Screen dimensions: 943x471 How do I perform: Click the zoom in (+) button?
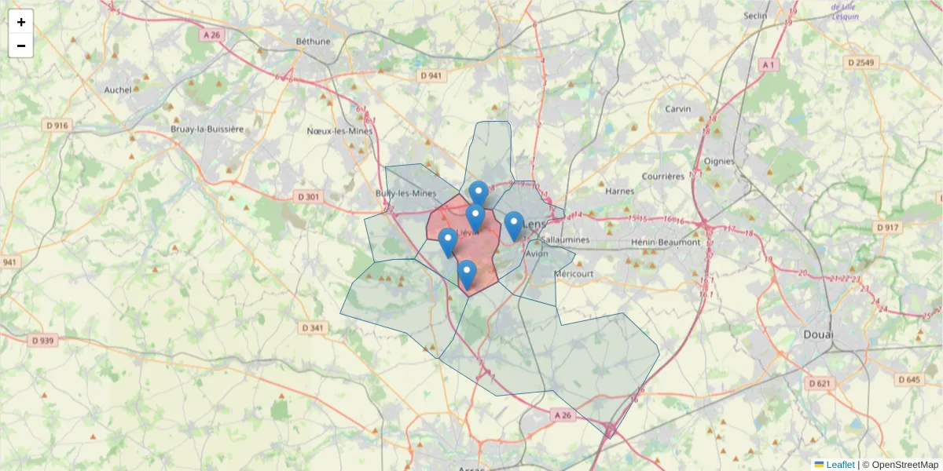point(21,22)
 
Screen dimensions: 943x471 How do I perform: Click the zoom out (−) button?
point(21,46)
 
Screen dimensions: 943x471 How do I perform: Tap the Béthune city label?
point(314,41)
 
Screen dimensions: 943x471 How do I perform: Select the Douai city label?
point(818,334)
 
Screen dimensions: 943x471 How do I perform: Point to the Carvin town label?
point(677,108)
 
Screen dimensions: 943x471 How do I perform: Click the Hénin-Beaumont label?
point(665,242)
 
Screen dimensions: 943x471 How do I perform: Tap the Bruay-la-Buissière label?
point(207,129)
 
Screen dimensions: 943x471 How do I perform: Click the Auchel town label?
point(118,89)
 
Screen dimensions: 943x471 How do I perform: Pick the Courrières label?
point(662,177)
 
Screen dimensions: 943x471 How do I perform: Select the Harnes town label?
point(620,191)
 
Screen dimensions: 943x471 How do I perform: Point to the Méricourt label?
point(574,274)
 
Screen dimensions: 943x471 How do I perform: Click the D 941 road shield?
point(431,75)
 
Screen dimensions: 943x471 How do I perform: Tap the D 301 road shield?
point(309,196)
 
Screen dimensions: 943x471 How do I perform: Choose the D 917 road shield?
point(886,227)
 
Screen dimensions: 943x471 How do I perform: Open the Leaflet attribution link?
point(839,465)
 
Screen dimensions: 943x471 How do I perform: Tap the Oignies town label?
point(719,161)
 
